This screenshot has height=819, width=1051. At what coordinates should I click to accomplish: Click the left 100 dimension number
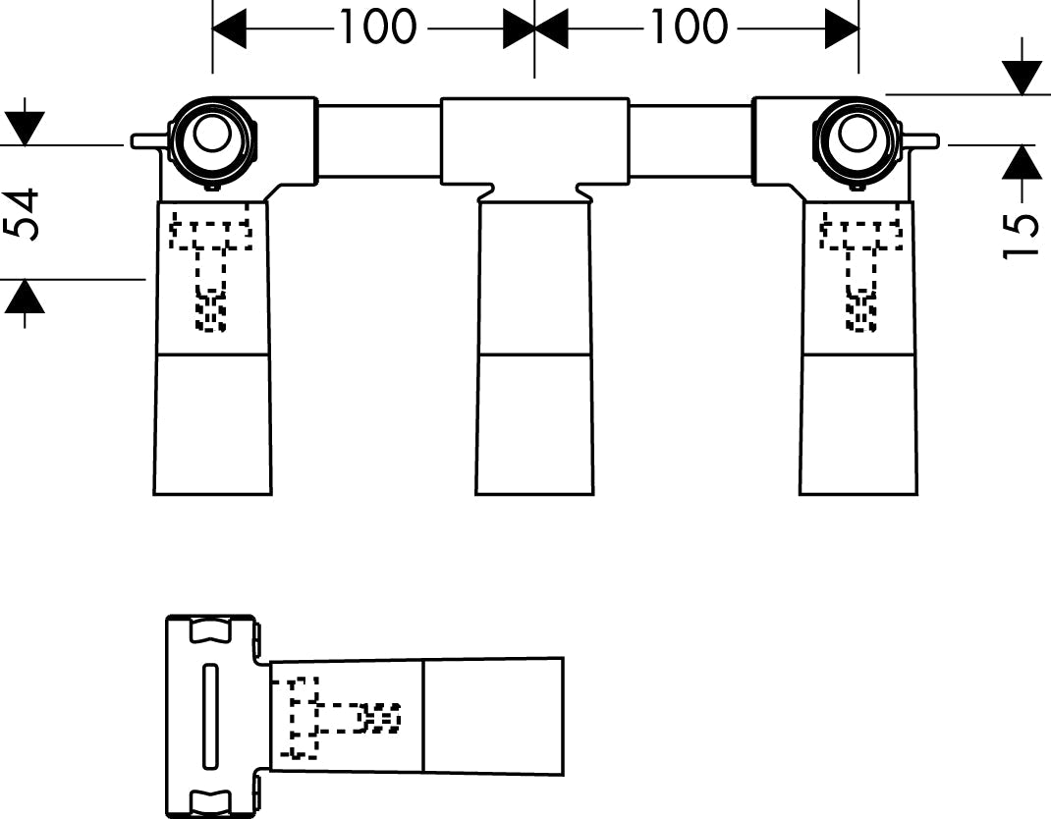[x=377, y=27]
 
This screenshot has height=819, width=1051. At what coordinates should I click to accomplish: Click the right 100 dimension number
[x=689, y=27]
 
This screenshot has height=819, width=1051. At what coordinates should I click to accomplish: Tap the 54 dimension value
[x=24, y=215]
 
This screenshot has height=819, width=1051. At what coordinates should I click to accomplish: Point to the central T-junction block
[x=534, y=139]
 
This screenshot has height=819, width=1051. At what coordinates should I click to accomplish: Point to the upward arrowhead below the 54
[x=25, y=297]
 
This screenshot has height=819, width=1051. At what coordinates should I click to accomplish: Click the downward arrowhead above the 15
[x=1023, y=77]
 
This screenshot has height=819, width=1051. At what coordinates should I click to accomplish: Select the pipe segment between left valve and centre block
[x=378, y=140]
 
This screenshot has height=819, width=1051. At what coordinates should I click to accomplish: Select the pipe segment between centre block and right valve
[x=691, y=140]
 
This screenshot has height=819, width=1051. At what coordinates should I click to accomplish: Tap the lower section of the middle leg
[x=534, y=423]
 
